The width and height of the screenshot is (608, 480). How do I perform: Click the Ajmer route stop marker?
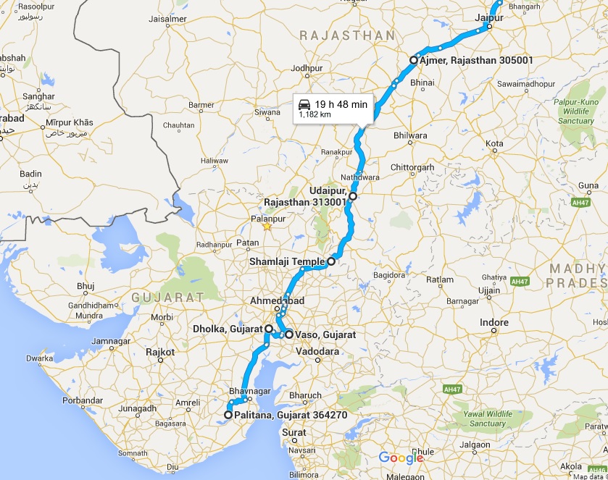click(414, 60)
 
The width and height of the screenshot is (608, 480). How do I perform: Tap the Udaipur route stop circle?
click(353, 196)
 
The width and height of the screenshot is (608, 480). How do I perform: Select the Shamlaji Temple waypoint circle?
click(330, 261)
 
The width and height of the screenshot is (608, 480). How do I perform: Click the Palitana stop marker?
click(228, 415)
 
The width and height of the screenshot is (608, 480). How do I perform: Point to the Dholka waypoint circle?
click(268, 329)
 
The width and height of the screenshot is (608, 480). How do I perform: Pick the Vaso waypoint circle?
click(288, 334)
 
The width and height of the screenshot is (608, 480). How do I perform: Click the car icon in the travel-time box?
click(305, 104)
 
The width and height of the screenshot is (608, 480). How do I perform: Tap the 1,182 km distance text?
click(315, 114)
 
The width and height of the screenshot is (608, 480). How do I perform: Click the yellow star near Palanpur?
click(267, 226)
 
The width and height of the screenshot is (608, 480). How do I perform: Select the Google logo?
click(401, 458)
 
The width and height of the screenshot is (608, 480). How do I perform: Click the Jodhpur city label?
click(306, 69)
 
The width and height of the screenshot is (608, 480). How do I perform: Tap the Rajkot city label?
click(160, 353)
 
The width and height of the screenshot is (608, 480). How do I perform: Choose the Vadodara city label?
click(318, 351)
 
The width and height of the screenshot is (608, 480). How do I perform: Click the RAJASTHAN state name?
click(347, 35)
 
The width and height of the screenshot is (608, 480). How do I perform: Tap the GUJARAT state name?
click(167, 298)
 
